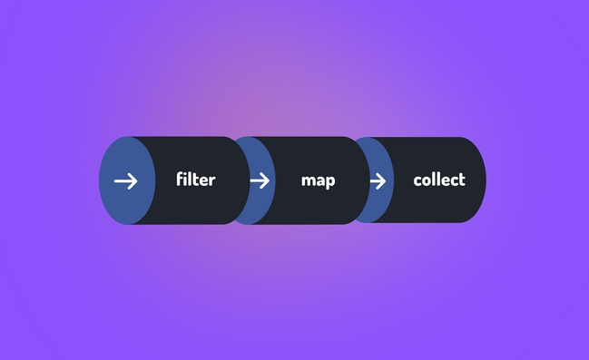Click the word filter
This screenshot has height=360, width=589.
pyautogui.click(x=195, y=180)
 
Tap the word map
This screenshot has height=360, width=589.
pyautogui.click(x=318, y=180)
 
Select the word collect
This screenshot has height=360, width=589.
pyautogui.click(x=438, y=180)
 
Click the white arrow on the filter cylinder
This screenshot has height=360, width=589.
pyautogui.click(x=126, y=180)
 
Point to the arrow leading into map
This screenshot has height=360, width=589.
pyautogui.click(x=260, y=180)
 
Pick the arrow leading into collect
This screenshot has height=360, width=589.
pyautogui.click(x=378, y=180)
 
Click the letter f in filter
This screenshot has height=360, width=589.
pyautogui.click(x=181, y=179)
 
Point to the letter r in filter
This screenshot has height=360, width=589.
pyautogui.click(x=212, y=180)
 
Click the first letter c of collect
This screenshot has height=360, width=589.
pyautogui.click(x=417, y=180)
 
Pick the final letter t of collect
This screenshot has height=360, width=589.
pyautogui.click(x=461, y=180)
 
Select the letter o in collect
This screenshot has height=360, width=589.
pyautogui.click(x=427, y=180)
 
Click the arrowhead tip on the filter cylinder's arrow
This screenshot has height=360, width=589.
pyautogui.click(x=136, y=180)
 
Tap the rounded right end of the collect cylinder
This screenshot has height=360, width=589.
pyautogui.click(x=479, y=180)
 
